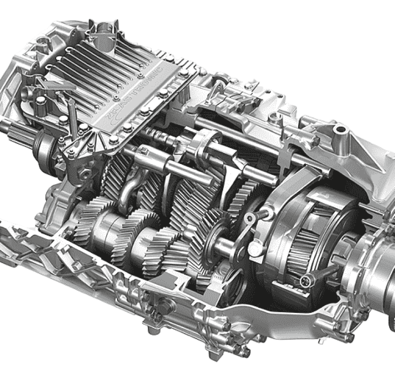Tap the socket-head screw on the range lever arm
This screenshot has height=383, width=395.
(253, 215)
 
